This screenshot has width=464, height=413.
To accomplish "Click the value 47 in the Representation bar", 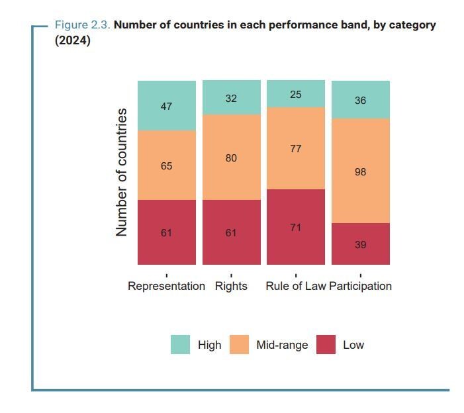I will click(167, 106).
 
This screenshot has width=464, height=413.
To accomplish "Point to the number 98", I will click(360, 172).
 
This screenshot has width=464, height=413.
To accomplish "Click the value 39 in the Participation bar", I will click(360, 245).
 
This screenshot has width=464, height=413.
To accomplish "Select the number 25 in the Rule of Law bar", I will click(296, 95).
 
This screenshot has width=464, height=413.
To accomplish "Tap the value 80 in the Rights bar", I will click(231, 158).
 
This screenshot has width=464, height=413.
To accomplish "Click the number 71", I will click(296, 228).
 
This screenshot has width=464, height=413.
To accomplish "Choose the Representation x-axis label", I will click(166, 286).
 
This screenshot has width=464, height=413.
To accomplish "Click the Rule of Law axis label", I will click(295, 286).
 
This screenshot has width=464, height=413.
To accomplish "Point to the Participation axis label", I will click(361, 286).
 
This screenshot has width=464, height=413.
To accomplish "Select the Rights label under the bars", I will click(231, 286).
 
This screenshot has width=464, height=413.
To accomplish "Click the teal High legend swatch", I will click(180, 345).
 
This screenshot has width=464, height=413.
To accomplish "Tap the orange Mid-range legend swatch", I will click(239, 345).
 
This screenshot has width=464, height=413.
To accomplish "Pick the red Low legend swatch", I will click(326, 345).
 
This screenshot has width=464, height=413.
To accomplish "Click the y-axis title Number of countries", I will click(121, 173).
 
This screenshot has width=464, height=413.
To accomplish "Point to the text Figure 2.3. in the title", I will click(82, 25).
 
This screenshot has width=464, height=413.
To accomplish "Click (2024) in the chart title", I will click(73, 40).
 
